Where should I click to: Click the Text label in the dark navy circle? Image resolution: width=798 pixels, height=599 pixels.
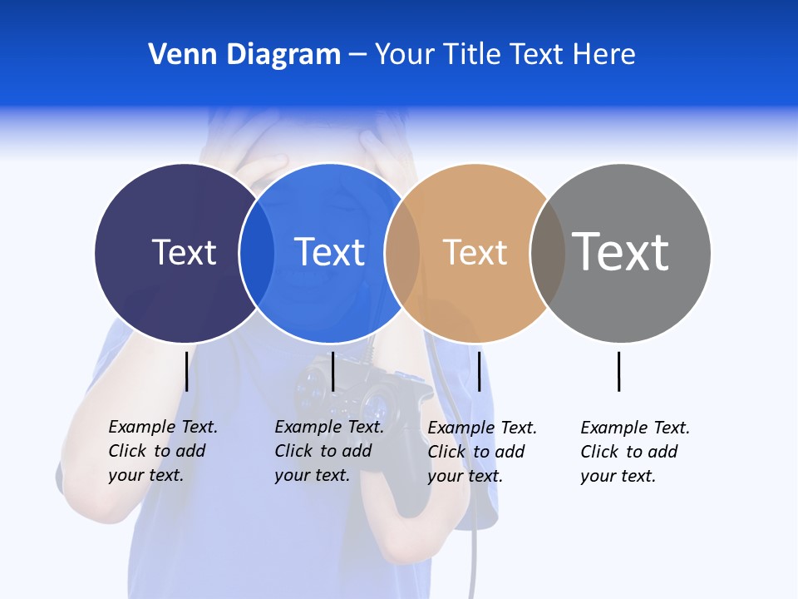tap(184, 252)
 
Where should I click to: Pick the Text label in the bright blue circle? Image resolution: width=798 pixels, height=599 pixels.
tap(329, 252)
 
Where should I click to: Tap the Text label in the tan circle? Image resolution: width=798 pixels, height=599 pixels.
tap(475, 252)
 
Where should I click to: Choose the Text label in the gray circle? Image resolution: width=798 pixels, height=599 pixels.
tap(621, 251)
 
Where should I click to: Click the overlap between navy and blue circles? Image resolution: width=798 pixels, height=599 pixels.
tap(257, 252)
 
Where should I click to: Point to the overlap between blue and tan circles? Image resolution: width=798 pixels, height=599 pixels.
tap(402, 252)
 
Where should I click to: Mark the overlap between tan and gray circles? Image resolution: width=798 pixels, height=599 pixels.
tap(548, 252)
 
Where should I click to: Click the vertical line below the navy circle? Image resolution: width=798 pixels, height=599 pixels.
tap(186, 371)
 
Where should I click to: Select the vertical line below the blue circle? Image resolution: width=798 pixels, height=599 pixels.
tap(332, 371)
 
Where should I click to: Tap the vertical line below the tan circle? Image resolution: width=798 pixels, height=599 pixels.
tap(479, 371)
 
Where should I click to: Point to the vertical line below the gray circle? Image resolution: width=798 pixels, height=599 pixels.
tap(618, 371)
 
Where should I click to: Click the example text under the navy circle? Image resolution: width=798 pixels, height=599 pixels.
tap(162, 451)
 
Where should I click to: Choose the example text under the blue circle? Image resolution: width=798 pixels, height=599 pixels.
tap(328, 451)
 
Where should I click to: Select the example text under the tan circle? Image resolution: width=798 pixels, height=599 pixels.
tap(481, 452)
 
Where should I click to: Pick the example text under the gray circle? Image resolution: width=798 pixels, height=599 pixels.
tap(634, 452)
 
